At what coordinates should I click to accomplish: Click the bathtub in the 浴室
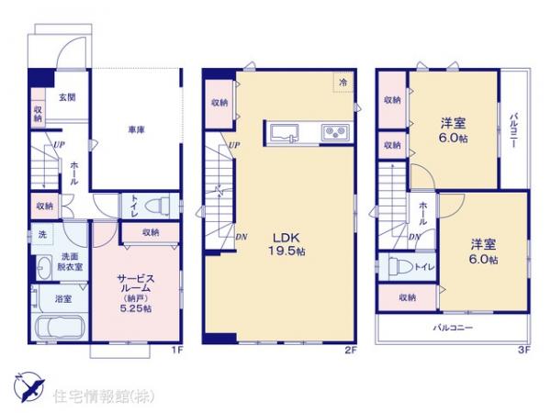click(x=58, y=327)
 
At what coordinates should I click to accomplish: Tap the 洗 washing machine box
click(x=42, y=235)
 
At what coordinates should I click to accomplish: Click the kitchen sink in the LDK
click(x=285, y=132)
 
